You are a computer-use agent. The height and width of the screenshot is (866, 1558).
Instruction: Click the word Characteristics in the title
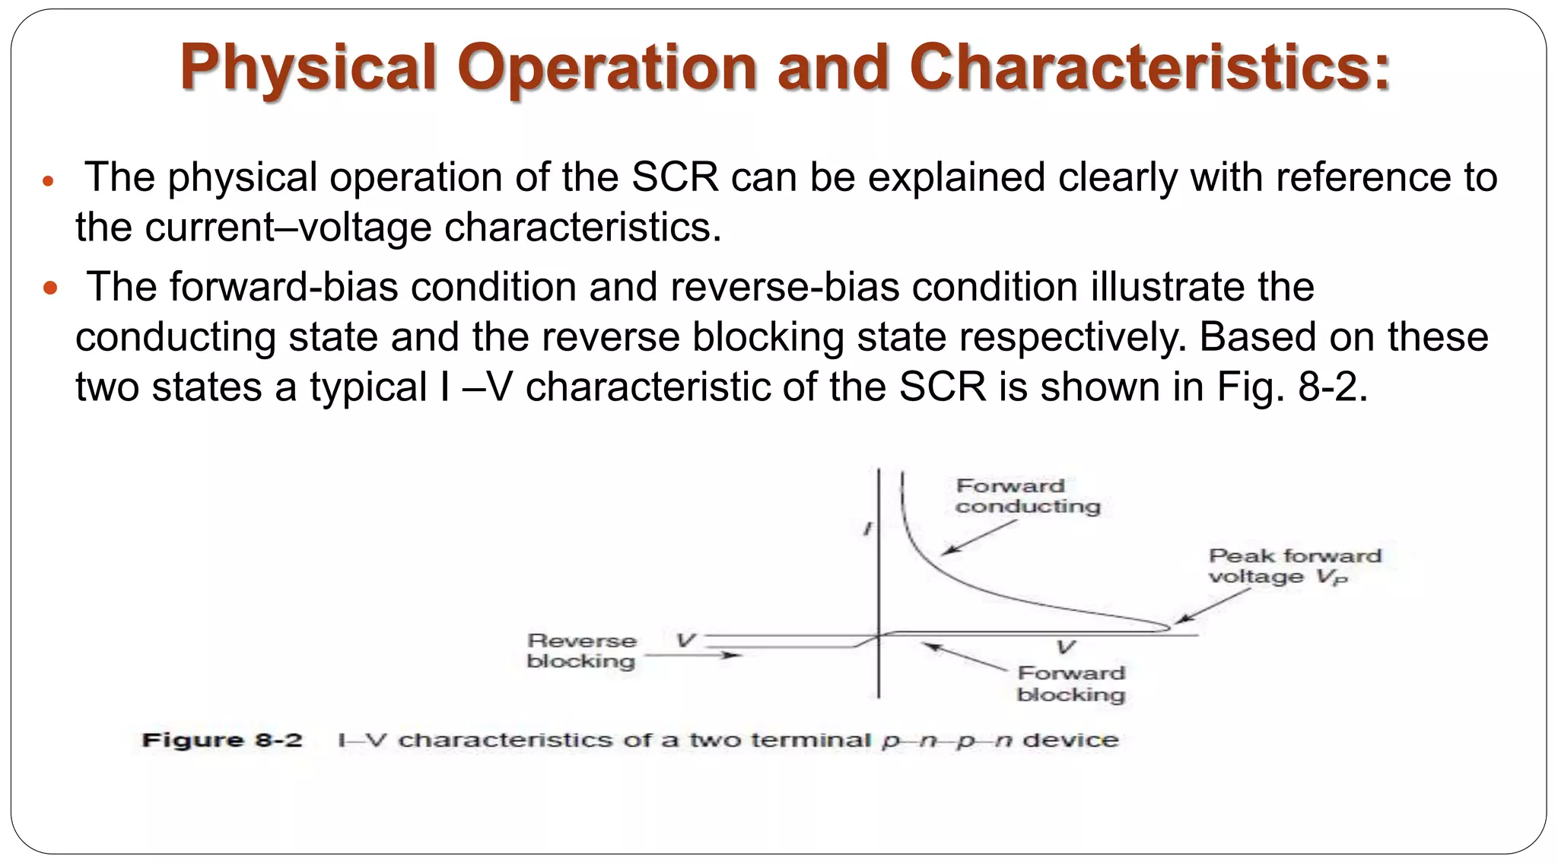[1149, 67]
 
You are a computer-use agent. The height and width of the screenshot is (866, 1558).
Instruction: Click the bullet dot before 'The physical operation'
[48, 182]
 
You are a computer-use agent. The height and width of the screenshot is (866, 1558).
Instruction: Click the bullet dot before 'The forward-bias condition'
[51, 289]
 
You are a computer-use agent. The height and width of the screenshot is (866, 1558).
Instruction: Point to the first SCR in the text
[675, 177]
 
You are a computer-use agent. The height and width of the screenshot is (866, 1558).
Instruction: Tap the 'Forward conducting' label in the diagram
[1027, 496]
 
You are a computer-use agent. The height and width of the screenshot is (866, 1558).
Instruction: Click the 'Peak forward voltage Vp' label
[1294, 566]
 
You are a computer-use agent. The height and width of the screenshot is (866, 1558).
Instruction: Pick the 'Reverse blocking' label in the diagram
[581, 651]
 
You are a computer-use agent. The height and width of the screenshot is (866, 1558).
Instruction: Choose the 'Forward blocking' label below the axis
[1070, 683]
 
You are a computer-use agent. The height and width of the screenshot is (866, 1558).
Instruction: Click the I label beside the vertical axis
[866, 528]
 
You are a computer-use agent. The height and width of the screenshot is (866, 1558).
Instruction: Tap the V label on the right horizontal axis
[1066, 648]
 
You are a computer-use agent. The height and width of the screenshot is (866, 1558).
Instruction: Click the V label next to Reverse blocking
[685, 641]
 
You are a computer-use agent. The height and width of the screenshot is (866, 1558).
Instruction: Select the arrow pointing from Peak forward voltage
[1213, 607]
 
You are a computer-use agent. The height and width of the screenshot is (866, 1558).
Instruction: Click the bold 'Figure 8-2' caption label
[222, 740]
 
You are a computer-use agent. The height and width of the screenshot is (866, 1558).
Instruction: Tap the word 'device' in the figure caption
[1070, 740]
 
